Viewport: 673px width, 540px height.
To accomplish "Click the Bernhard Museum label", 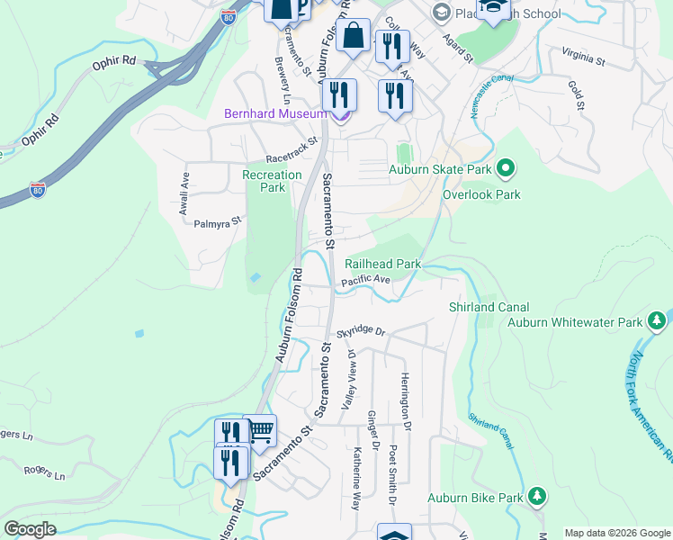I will click(275, 112).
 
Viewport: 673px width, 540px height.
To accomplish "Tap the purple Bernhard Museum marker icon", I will click(339, 113).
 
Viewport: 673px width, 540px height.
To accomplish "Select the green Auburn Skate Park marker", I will click(505, 167).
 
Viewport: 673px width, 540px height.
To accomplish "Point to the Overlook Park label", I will click(481, 193).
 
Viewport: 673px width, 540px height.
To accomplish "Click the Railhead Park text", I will click(383, 264).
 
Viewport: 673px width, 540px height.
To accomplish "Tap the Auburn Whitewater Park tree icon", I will click(657, 321).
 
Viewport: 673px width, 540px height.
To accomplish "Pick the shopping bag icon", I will click(355, 37).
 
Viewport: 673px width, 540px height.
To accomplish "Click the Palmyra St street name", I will click(220, 220).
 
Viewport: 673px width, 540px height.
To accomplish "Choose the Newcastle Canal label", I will click(490, 94).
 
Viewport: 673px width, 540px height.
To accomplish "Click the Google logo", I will click(31, 529).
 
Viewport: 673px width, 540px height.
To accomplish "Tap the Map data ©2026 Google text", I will click(616, 533).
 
